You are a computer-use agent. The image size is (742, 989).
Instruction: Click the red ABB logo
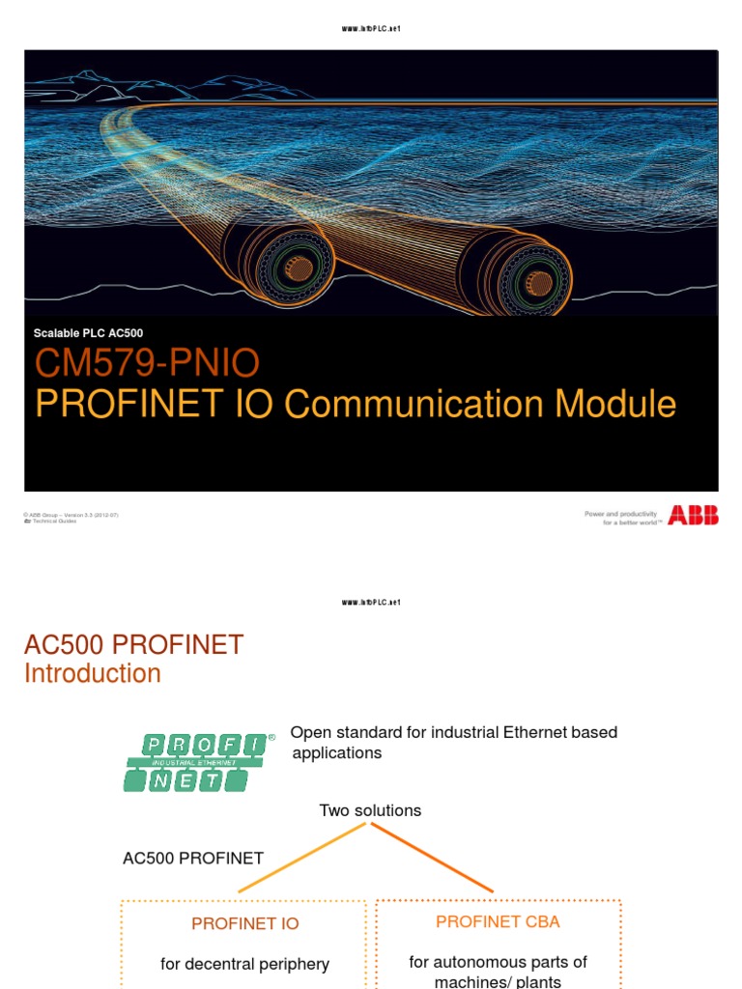tap(693, 518)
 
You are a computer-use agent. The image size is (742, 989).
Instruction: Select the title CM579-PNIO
tap(147, 364)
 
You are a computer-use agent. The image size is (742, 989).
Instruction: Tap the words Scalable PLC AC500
tap(88, 333)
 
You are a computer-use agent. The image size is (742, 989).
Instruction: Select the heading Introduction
tap(93, 673)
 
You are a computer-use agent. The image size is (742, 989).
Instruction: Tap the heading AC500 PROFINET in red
tap(133, 644)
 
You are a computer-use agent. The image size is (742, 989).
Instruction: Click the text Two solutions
tap(370, 810)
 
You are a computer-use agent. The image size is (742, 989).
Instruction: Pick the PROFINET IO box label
tap(244, 923)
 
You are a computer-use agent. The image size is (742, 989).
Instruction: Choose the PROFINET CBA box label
tap(498, 921)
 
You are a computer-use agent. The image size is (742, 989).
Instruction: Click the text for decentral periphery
tap(244, 964)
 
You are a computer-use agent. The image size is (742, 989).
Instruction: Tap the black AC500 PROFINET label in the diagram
tap(193, 858)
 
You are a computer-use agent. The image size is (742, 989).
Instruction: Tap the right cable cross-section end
tap(538, 282)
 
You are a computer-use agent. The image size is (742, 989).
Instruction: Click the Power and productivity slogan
tap(623, 518)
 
